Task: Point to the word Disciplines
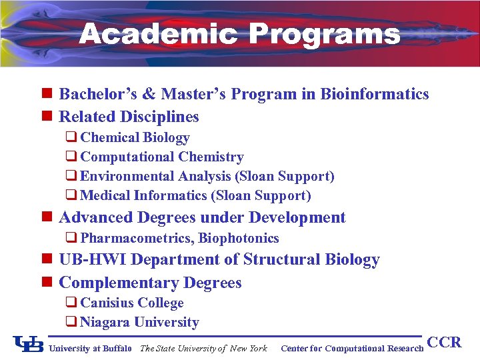tap(159, 117)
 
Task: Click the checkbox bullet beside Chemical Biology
tap(71, 137)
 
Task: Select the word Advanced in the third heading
tap(95, 218)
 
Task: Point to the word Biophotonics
tap(239, 239)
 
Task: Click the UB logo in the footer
tap(29, 345)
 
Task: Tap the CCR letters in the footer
tap(444, 343)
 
